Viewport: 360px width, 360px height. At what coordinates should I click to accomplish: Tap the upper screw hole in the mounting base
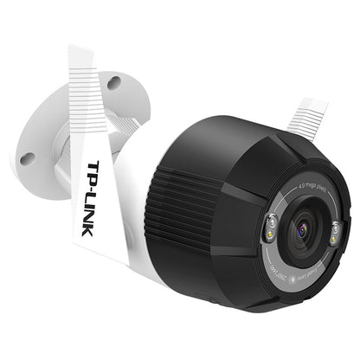(x=113, y=83)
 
